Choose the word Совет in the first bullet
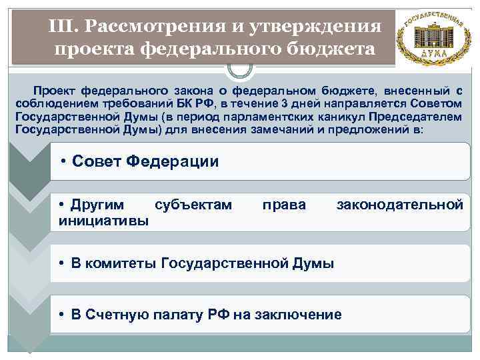[96, 161]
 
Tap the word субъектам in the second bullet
[193, 204]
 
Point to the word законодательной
[399, 204]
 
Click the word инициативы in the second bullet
[103, 220]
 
